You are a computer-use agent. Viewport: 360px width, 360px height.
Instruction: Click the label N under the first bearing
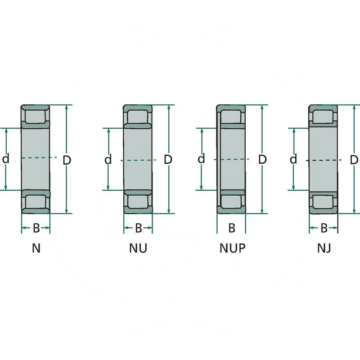point(36,248)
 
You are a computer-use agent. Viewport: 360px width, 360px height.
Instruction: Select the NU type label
point(138,248)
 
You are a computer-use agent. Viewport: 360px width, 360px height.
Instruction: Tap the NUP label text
point(233,248)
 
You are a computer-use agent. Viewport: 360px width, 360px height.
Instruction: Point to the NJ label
point(324,248)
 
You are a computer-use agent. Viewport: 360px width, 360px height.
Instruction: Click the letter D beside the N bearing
point(67,160)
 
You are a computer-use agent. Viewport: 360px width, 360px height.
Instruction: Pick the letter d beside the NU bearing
point(108,159)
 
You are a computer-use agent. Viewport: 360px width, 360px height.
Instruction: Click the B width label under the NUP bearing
point(232,228)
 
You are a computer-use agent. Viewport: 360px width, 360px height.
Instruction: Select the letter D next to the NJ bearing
point(354,160)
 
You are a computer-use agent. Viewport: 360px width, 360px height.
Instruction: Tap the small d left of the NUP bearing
point(201,159)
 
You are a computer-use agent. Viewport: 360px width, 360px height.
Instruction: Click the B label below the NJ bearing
point(324,228)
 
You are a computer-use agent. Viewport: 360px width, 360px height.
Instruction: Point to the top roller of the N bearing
point(36,116)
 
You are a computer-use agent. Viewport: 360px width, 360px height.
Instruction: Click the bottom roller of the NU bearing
point(138,201)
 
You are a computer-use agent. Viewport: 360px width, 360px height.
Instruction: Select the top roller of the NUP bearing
point(232,116)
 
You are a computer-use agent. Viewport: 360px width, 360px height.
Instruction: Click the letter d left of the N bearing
point(6,159)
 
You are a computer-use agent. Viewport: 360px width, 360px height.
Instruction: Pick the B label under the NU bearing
point(138,228)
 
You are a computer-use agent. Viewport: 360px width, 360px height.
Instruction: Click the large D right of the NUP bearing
point(263,159)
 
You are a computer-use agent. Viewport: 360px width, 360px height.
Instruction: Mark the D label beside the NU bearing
point(168,159)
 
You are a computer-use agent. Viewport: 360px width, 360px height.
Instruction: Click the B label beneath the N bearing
point(36,228)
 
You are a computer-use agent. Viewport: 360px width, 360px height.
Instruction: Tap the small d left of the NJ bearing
point(293,159)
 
